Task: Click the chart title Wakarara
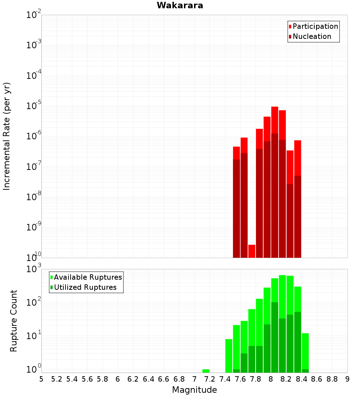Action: [180, 5]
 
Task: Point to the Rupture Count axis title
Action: [14, 320]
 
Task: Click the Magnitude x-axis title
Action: [194, 390]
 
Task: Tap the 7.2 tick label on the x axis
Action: [210, 379]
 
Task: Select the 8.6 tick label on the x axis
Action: [317, 379]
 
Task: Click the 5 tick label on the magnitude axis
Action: [41, 379]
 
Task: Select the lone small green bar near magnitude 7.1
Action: [206, 371]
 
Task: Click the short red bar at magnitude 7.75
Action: [252, 251]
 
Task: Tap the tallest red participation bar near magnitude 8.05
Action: [275, 119]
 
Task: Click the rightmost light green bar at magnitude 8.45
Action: [305, 351]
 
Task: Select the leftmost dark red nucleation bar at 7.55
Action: [237, 209]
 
